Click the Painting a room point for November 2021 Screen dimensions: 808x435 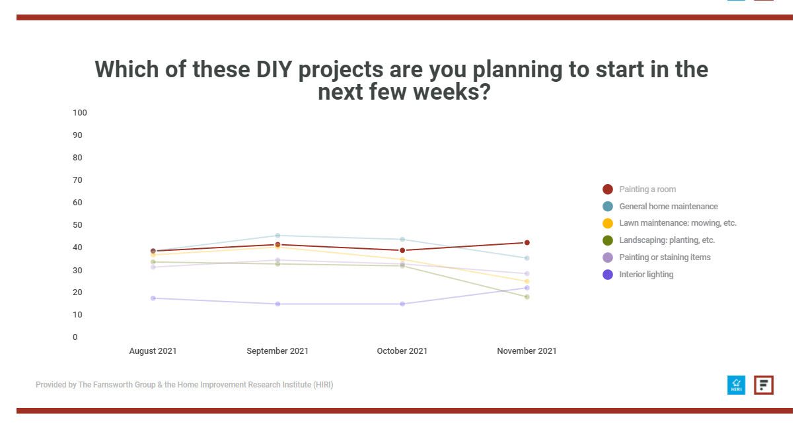pos(527,242)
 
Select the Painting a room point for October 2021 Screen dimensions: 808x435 pos(402,250)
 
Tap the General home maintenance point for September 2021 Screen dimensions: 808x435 pos(277,236)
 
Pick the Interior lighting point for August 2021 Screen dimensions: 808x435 pos(153,298)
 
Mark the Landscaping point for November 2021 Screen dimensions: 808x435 pos(527,296)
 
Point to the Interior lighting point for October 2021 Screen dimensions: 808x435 pos(402,304)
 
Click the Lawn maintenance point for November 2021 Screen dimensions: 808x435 pos(527,281)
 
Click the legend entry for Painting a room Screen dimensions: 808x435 pos(639,189)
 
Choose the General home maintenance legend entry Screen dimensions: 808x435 pos(660,206)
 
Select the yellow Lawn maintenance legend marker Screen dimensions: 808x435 pos(608,223)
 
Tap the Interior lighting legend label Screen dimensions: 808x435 pos(646,275)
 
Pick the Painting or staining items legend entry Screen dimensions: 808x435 pos(657,257)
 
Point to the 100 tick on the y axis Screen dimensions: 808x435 pos(80,113)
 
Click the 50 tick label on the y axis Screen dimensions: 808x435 pos(77,225)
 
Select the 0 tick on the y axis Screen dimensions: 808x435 pos(75,337)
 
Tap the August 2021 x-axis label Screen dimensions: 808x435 pos(153,351)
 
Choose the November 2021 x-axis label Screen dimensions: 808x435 pos(527,351)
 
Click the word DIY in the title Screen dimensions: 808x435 pos(274,69)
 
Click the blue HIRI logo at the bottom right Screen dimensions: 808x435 pos(736,385)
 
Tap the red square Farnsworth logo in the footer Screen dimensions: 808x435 pos(764,385)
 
